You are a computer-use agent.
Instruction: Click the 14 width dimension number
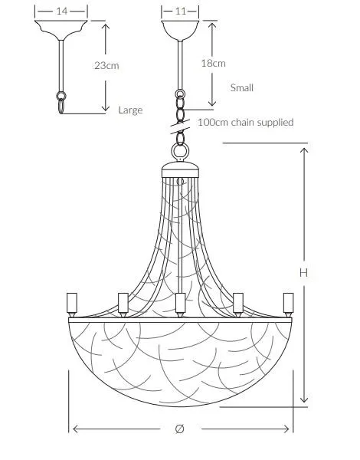click(x=61, y=11)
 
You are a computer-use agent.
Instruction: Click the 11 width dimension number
click(x=180, y=11)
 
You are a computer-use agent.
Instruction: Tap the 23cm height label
click(x=106, y=65)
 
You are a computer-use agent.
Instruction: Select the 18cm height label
click(x=213, y=64)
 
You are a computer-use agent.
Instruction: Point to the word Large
click(x=130, y=110)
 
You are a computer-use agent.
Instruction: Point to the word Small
click(x=242, y=87)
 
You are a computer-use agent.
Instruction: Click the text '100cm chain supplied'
click(x=246, y=123)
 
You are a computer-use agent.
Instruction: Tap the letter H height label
click(x=304, y=273)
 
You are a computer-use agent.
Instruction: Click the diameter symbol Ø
click(x=180, y=429)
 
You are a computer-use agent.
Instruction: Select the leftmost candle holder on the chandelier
click(x=72, y=304)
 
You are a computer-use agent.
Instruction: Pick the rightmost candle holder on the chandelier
click(x=288, y=304)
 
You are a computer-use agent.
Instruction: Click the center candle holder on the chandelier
click(x=180, y=304)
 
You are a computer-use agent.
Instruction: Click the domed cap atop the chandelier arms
click(x=180, y=169)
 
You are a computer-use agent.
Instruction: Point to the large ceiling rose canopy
click(x=61, y=29)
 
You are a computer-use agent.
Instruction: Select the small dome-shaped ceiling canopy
click(x=180, y=29)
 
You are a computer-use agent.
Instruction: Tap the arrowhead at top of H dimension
click(x=304, y=151)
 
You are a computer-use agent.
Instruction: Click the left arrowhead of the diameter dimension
click(x=76, y=429)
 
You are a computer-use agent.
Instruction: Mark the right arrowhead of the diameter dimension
click(x=286, y=429)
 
